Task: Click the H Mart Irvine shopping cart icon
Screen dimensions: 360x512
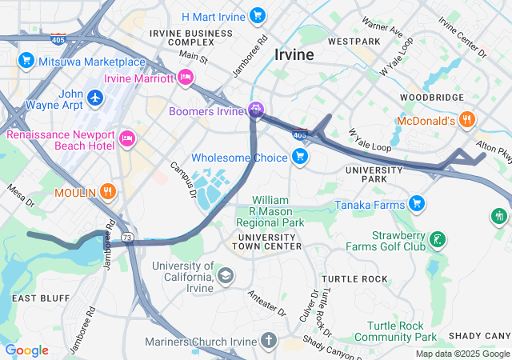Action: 257,15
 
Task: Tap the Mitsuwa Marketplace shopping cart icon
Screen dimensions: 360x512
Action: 26,61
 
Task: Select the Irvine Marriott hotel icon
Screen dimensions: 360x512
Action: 186,78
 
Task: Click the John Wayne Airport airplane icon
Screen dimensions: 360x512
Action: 96,97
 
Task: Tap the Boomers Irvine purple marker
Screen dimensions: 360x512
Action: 256,110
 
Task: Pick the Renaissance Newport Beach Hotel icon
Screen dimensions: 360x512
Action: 126,140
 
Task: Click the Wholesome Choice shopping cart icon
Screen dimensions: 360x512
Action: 300,156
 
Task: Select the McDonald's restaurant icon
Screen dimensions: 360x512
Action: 467,121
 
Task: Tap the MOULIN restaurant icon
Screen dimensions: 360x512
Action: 109,192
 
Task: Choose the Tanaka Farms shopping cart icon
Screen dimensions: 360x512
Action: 416,204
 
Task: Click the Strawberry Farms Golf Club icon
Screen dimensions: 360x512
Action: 437,238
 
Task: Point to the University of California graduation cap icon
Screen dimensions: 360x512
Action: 226,276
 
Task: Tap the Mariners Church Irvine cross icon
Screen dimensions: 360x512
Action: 268,342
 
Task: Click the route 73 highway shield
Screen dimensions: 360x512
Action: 127,238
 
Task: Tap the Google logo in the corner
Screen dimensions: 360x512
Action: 26,350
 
